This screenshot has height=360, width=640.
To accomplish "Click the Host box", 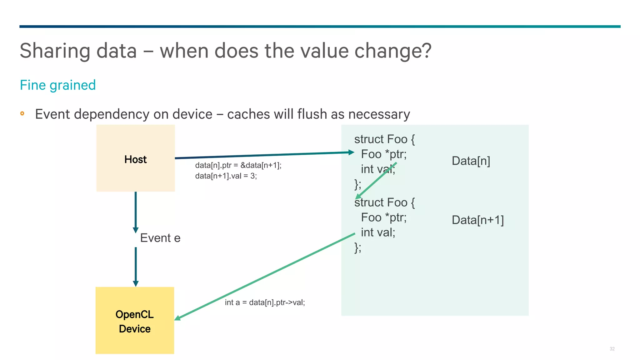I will click(x=135, y=158).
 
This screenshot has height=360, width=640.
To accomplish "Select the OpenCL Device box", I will click(x=135, y=320).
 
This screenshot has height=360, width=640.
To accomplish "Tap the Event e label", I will click(x=160, y=238).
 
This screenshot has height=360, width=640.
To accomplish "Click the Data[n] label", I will click(x=471, y=161).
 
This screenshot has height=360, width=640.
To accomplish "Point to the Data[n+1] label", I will click(x=477, y=220).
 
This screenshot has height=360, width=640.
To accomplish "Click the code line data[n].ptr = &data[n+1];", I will click(x=238, y=165).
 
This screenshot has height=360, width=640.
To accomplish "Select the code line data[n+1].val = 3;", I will click(x=226, y=176).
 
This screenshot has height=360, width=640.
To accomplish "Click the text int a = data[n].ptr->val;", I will click(x=265, y=302).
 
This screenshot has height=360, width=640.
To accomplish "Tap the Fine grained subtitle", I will click(x=58, y=85).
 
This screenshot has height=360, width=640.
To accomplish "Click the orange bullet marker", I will click(x=22, y=113).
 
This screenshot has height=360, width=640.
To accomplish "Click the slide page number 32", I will click(x=612, y=349).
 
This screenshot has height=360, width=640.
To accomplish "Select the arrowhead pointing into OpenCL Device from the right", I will click(x=177, y=318).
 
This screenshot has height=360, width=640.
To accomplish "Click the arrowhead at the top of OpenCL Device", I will click(x=136, y=283).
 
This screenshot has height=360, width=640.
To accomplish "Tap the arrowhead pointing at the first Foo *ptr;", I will click(x=351, y=152).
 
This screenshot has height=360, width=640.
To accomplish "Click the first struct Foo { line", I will click(x=384, y=139).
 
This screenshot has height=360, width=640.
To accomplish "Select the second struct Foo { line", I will click(x=384, y=202).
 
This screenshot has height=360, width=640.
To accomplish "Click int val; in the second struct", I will click(x=378, y=232).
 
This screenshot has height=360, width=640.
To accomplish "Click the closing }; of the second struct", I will click(x=358, y=247).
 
